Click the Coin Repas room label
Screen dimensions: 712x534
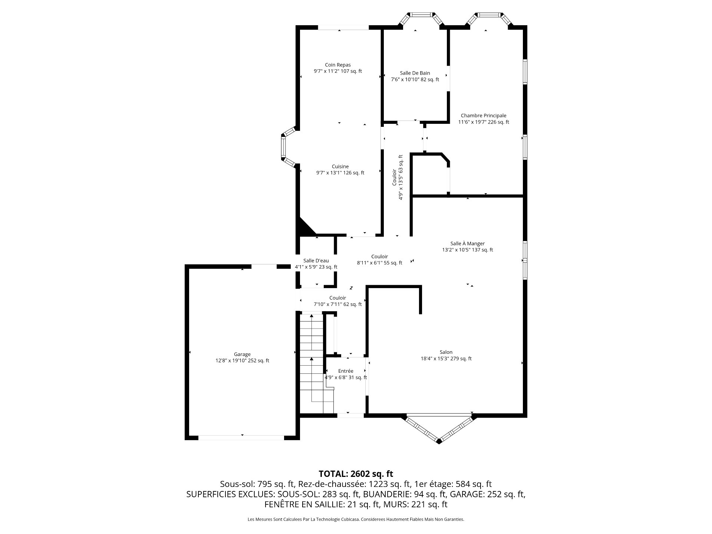tap(337, 65)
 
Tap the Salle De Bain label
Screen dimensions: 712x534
tap(415, 73)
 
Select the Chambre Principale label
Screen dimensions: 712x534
tap(484, 116)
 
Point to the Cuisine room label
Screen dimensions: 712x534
tap(340, 167)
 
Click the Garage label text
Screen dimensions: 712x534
tap(242, 355)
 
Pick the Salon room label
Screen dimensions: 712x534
tap(446, 352)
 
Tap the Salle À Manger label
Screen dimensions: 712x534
tap(468, 244)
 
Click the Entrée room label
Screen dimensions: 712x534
tap(346, 371)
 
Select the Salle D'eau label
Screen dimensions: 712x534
tap(316, 261)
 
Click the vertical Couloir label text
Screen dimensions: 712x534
tap(395, 177)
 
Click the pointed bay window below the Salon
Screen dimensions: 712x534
tap(439, 428)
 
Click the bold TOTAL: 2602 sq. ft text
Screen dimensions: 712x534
tap(356, 474)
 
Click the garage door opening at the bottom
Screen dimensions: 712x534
tap(241, 438)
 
